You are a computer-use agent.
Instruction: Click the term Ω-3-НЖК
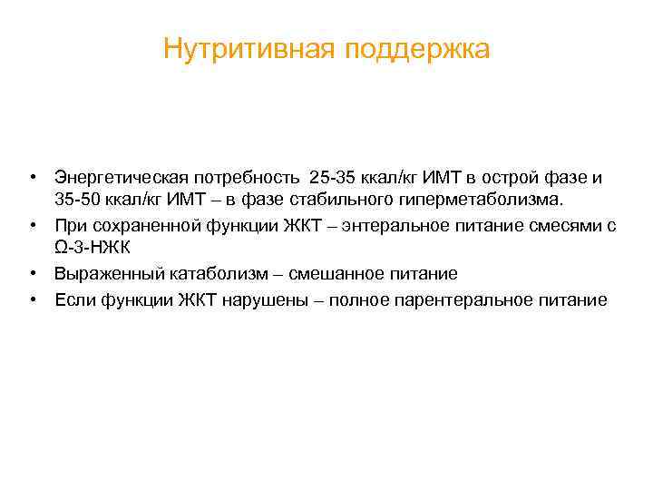pyautogui.click(x=93, y=249)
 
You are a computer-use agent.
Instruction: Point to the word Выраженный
pyautogui.click(x=102, y=273)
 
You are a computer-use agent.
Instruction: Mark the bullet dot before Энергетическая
pyautogui.click(x=31, y=174)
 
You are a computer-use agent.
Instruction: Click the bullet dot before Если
pyautogui.click(x=31, y=299)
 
